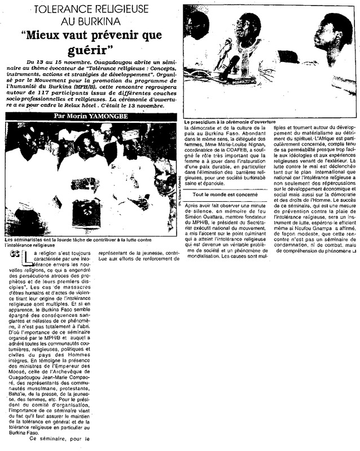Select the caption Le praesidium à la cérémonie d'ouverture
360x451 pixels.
[x=227, y=122]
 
